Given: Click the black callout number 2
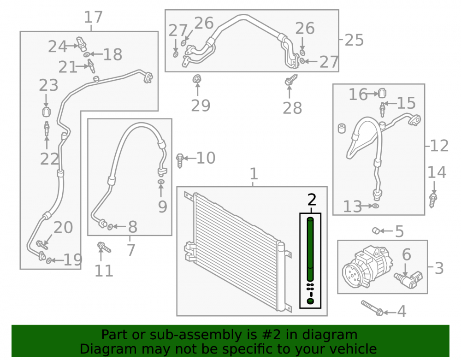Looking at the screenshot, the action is tap(312, 200).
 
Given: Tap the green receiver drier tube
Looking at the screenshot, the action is tap(310, 249).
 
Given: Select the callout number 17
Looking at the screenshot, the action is tap(93, 17).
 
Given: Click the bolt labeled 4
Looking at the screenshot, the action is tap(372, 308).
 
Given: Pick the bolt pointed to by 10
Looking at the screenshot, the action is tap(180, 160).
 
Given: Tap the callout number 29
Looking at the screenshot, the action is tap(201, 106).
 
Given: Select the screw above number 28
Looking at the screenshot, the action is tap(291, 80).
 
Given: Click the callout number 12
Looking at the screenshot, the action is tap(439, 146).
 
